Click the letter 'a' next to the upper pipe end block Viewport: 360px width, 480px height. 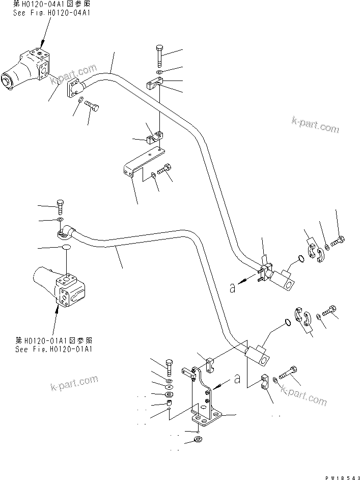tap(233, 288)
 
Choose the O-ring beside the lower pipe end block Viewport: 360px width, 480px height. tap(289, 322)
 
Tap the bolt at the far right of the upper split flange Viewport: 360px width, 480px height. tap(338, 240)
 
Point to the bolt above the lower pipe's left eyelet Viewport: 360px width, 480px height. tap(60, 206)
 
